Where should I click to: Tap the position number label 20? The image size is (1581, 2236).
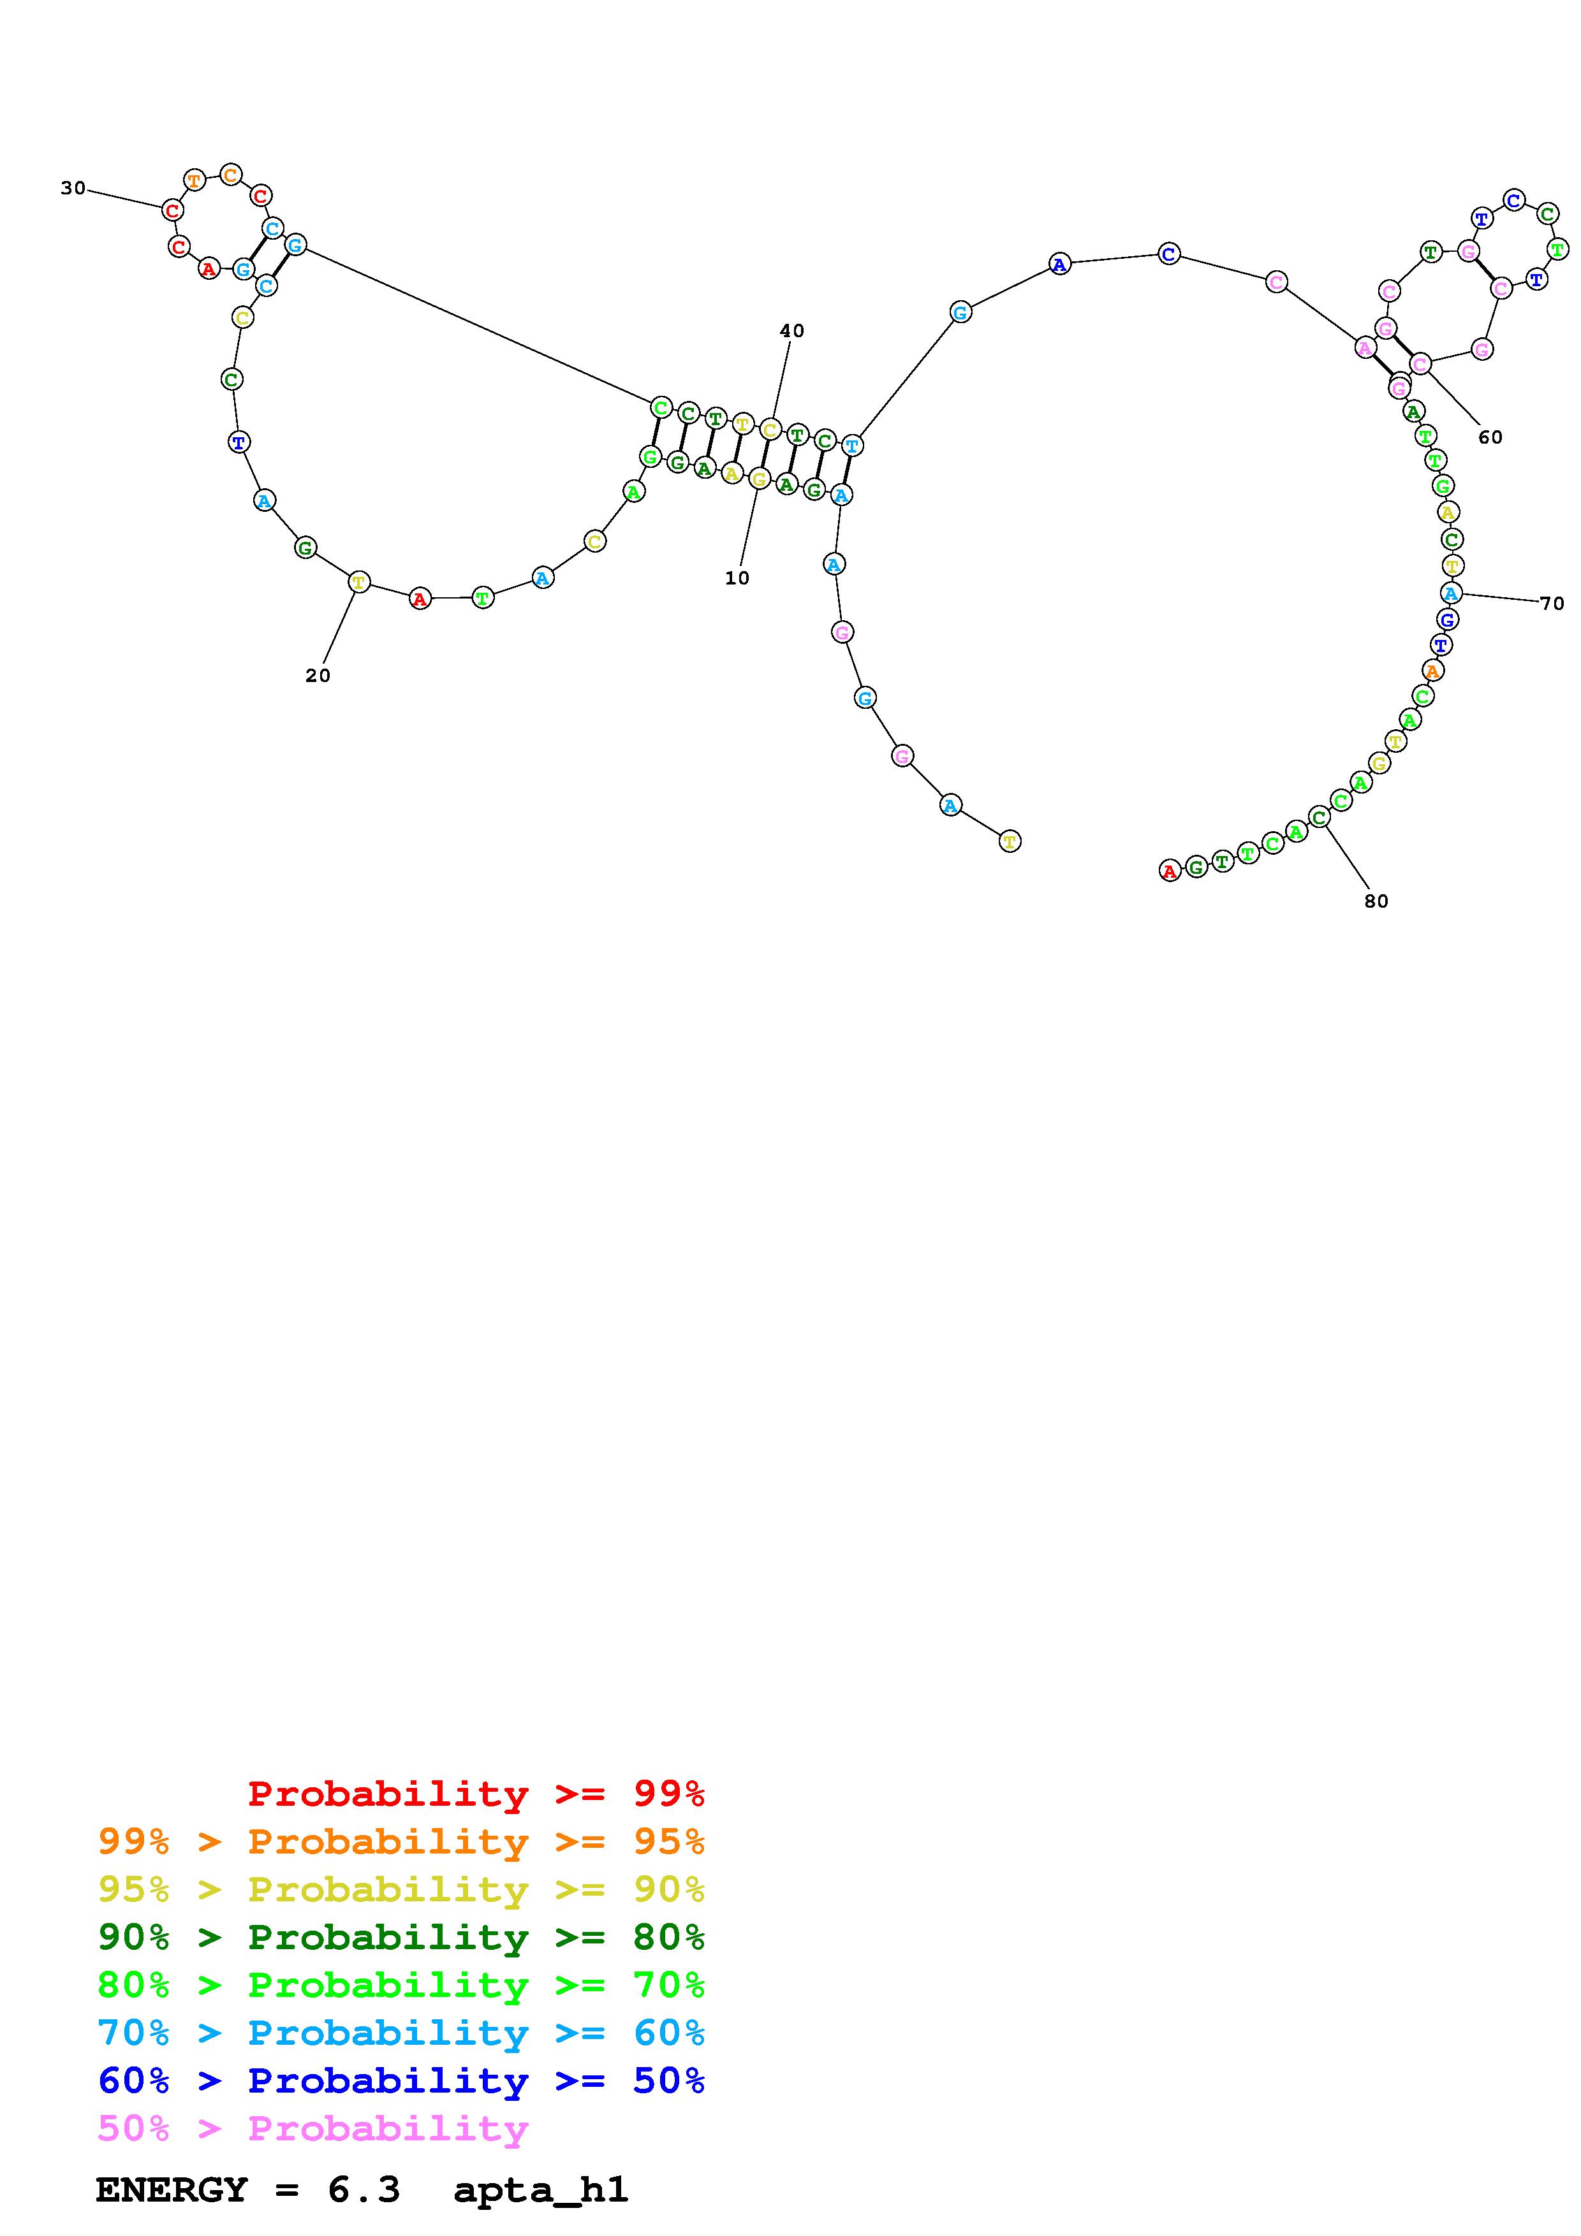(x=318, y=675)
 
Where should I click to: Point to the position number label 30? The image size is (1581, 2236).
(x=73, y=188)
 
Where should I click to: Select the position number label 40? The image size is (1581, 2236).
(x=792, y=330)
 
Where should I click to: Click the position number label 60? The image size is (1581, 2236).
(x=1490, y=437)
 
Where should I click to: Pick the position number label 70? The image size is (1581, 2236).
(x=1552, y=603)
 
